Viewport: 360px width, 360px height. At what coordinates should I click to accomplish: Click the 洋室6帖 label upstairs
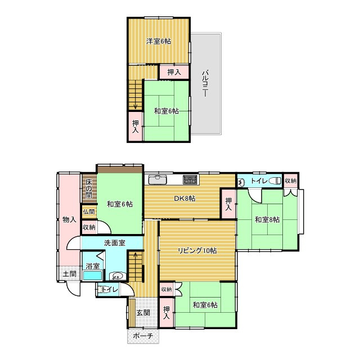tap(159, 41)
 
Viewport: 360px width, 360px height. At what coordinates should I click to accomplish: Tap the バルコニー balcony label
tap(205, 84)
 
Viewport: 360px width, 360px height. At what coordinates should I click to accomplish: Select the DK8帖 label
tap(184, 198)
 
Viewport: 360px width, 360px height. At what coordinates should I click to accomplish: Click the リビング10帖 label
tap(197, 250)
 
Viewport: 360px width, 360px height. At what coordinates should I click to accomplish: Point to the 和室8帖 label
tap(267, 220)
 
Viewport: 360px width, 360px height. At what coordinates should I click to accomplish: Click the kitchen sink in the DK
tap(157, 179)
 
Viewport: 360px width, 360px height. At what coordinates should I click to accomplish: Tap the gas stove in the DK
tap(190, 179)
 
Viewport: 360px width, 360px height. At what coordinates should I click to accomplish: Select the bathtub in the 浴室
tap(92, 275)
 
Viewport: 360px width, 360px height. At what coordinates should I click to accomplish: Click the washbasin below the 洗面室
tap(118, 276)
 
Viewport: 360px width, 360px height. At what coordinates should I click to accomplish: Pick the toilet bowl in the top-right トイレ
tap(274, 181)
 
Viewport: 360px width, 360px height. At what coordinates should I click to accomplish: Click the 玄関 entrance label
tap(143, 313)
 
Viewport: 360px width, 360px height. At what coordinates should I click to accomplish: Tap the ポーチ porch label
tap(143, 336)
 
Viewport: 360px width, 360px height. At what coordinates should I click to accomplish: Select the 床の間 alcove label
tap(89, 189)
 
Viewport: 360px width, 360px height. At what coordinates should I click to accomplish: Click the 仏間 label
tap(89, 211)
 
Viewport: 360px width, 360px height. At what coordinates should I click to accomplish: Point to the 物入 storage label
tap(69, 220)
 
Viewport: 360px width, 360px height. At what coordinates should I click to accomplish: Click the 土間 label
tap(70, 274)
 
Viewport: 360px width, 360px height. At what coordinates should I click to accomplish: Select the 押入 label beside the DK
tap(228, 204)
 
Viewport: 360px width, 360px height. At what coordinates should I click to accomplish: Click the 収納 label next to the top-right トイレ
tap(290, 181)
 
